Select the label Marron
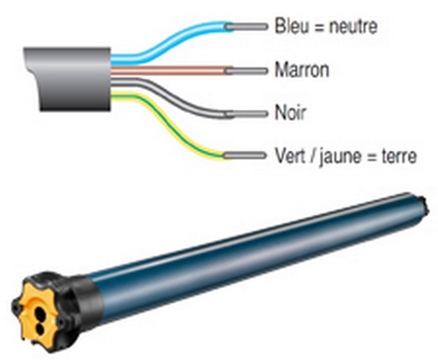[x=302, y=69]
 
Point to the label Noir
[x=291, y=112]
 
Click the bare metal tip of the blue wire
[x=246, y=27]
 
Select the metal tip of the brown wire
[x=246, y=71]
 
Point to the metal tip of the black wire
[x=246, y=114]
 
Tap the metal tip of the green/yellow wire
[x=245, y=155]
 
